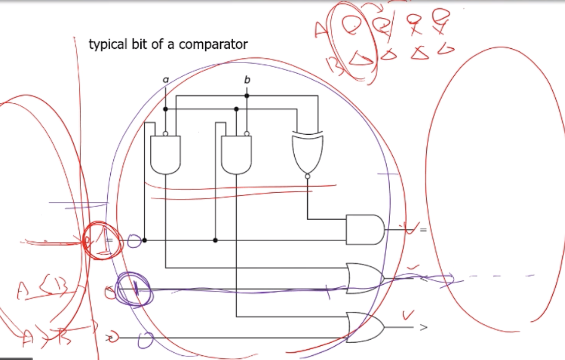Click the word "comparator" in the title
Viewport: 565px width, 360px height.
[213, 45]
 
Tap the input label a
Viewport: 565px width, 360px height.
[166, 79]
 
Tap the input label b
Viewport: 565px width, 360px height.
[247, 80]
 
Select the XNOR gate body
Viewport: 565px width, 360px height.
[307, 153]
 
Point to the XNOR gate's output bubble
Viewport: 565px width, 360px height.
[307, 176]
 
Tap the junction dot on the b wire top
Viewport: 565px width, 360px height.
[247, 96]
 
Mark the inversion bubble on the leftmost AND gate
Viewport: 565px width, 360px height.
[165, 134]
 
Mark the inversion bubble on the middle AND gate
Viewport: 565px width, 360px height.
[246, 134]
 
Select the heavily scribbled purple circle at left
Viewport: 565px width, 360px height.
[133, 289]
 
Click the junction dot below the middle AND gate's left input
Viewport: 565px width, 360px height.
[215, 240]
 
